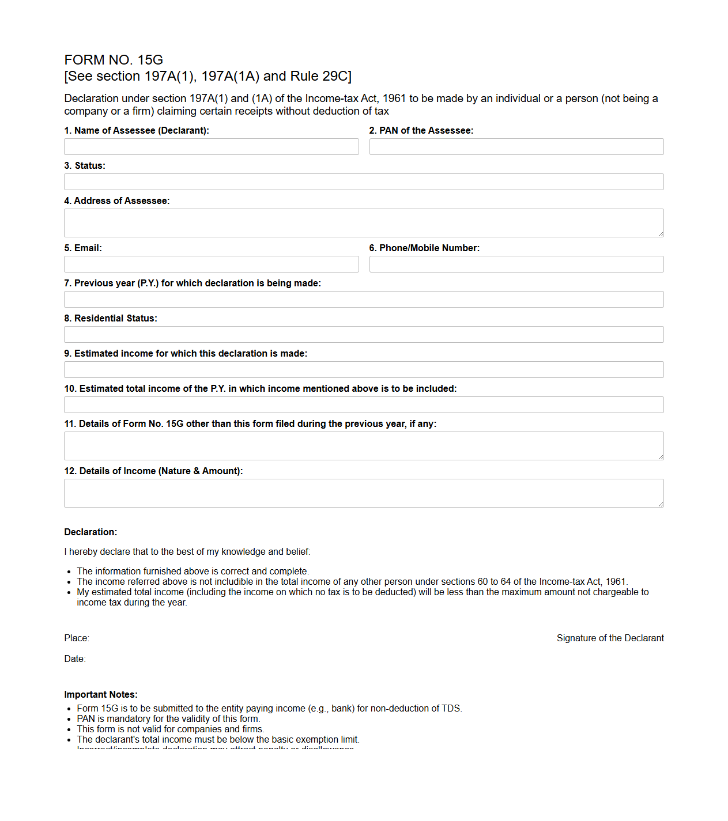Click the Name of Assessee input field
pyautogui.click(x=211, y=147)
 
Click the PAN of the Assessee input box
pyautogui.click(x=516, y=147)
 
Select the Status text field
pyautogui.click(x=364, y=182)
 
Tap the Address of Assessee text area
pyautogui.click(x=364, y=223)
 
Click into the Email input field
pyautogui.click(x=211, y=264)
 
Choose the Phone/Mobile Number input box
pyautogui.click(x=516, y=264)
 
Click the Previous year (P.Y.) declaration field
pyautogui.click(x=364, y=300)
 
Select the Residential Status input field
pyautogui.click(x=364, y=335)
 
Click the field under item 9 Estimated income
pyautogui.click(x=364, y=370)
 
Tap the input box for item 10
pyautogui.click(x=364, y=405)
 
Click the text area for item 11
pyautogui.click(x=364, y=446)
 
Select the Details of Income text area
pyautogui.click(x=364, y=493)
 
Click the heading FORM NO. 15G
pyautogui.click(x=114, y=60)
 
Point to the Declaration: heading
pyautogui.click(x=90, y=532)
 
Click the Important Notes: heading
pyautogui.click(x=101, y=694)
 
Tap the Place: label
pyautogui.click(x=77, y=638)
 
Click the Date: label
pyautogui.click(x=75, y=659)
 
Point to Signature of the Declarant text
pyautogui.click(x=610, y=638)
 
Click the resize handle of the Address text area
pyautogui.click(x=661, y=234)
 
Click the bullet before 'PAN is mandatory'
pyautogui.click(x=69, y=719)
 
